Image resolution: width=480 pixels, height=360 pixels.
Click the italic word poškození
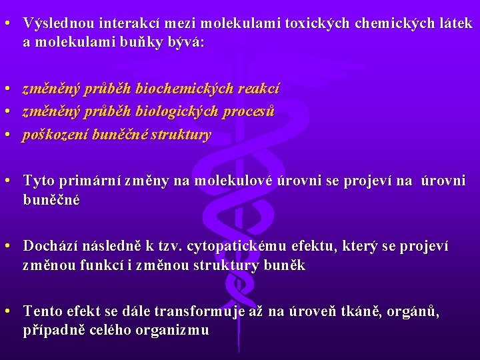[x=53, y=135]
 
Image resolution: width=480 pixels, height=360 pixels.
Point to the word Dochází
[x=51, y=247]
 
